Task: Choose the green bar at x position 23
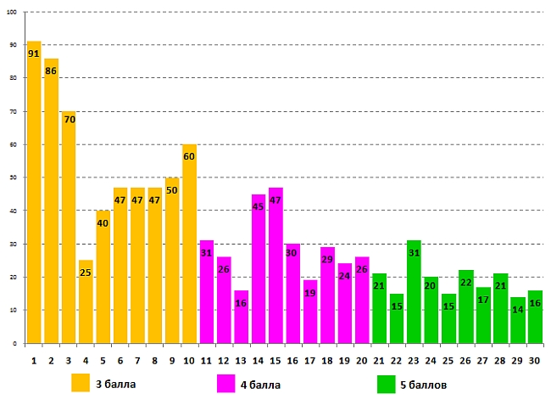[414, 292]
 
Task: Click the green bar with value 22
[465, 307]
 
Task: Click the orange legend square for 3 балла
[81, 383]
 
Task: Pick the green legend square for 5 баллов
[387, 384]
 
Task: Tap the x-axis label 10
[189, 360]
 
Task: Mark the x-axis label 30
[535, 360]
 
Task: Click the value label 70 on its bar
[69, 119]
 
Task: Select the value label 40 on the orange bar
[103, 223]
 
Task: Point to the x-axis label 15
[275, 360]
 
